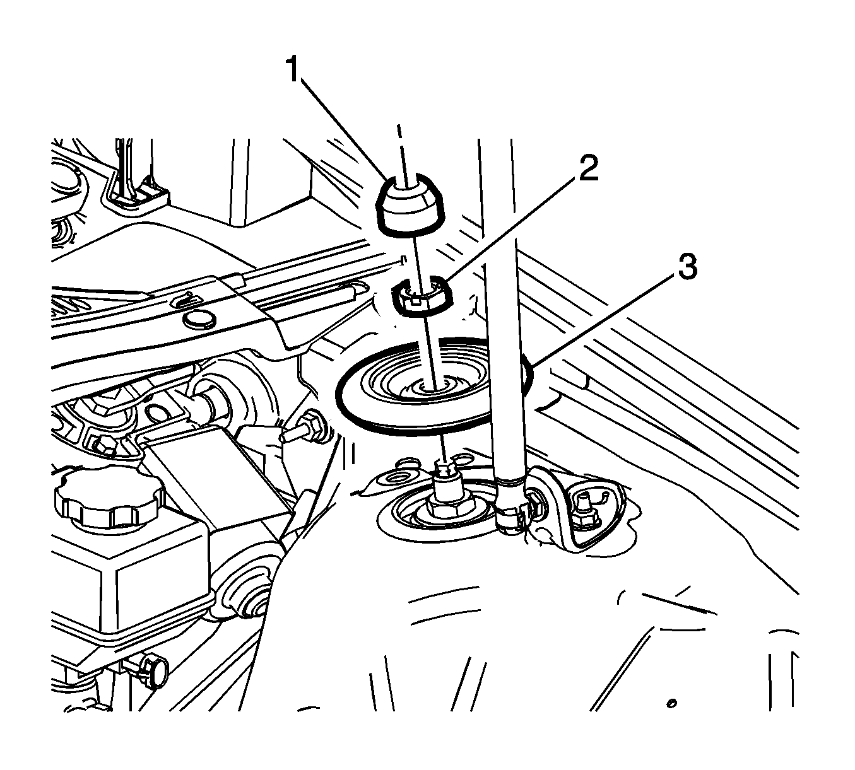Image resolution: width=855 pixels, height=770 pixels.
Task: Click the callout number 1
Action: coord(294,70)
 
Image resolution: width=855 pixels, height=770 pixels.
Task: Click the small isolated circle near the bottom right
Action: coord(672,703)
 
